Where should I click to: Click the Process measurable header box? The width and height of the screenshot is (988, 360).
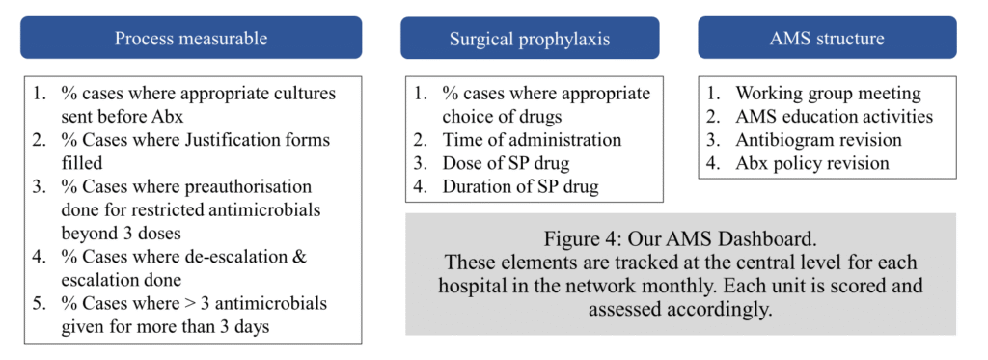coord(191,38)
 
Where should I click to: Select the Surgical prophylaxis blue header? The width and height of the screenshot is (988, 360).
coord(530,38)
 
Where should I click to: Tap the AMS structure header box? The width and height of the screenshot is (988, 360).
coord(827,38)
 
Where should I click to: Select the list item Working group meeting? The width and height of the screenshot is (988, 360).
coord(828,94)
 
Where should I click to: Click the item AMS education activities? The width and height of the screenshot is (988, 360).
coord(834,117)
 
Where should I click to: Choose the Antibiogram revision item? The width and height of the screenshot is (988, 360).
coord(818,139)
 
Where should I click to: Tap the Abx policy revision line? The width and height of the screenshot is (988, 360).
coord(812,163)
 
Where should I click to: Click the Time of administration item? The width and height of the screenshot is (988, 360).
coord(532,139)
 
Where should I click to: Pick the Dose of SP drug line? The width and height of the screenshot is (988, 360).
coord(506,163)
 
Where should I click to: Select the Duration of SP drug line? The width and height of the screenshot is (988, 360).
coord(520,186)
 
